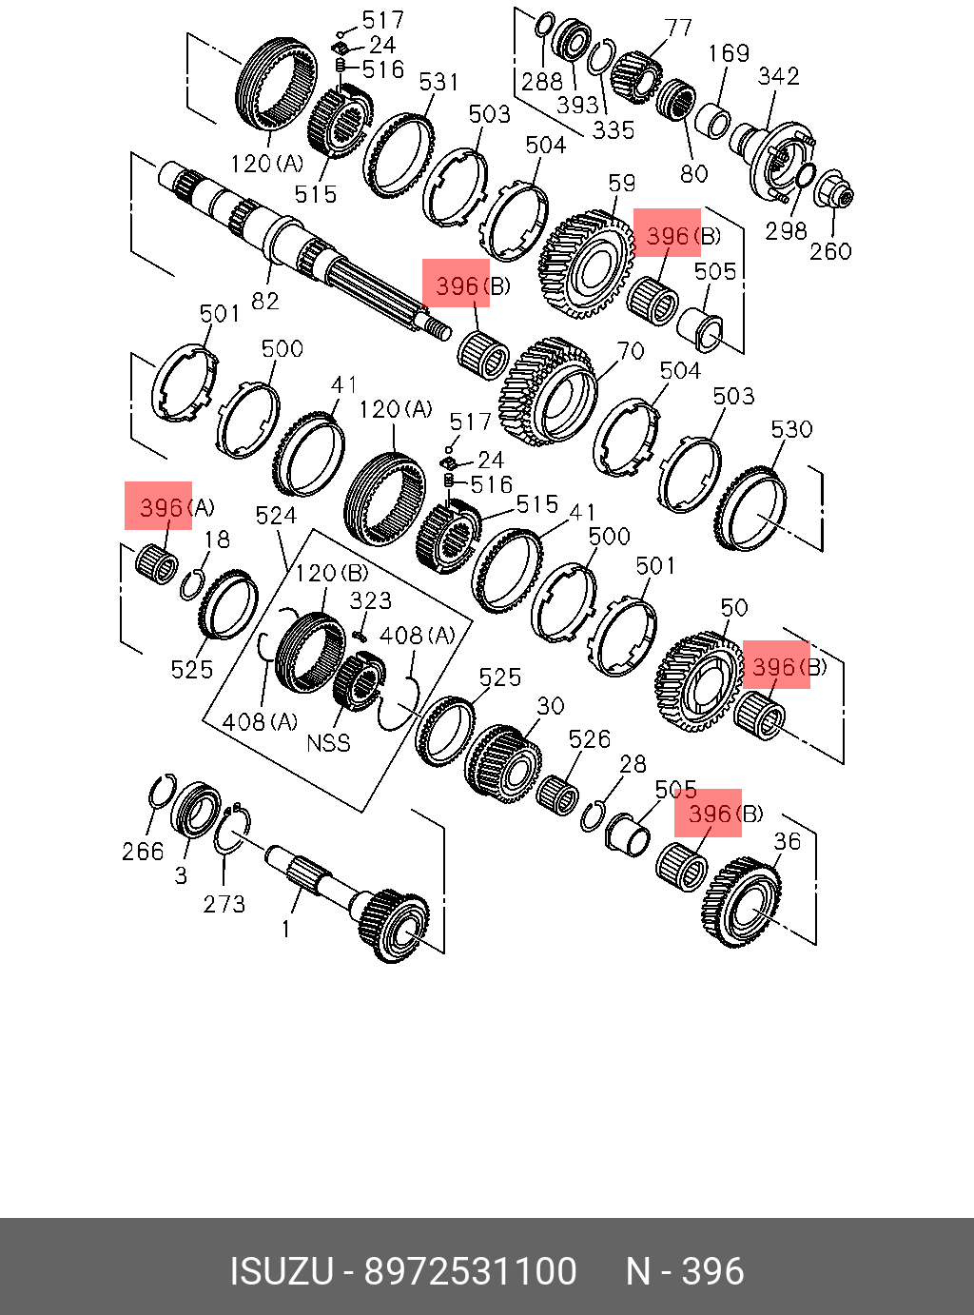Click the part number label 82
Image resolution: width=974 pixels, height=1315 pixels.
point(264,301)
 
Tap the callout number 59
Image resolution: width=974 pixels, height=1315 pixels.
point(622,184)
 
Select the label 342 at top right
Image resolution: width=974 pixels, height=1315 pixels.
point(778,76)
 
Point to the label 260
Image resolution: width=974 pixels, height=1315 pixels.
point(830,251)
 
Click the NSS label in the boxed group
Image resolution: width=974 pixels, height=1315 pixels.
point(328,742)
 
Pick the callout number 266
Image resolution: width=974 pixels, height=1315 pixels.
point(143,851)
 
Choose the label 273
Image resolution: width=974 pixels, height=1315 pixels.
point(224,903)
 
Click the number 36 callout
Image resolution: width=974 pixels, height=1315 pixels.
point(787,841)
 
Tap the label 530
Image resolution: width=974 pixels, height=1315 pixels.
point(791,430)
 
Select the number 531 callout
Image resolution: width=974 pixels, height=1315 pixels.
point(438,83)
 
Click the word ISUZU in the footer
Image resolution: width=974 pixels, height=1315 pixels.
point(282,1271)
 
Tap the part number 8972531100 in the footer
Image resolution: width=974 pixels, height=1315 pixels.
point(471,1271)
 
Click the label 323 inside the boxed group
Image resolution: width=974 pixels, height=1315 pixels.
point(370,600)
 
